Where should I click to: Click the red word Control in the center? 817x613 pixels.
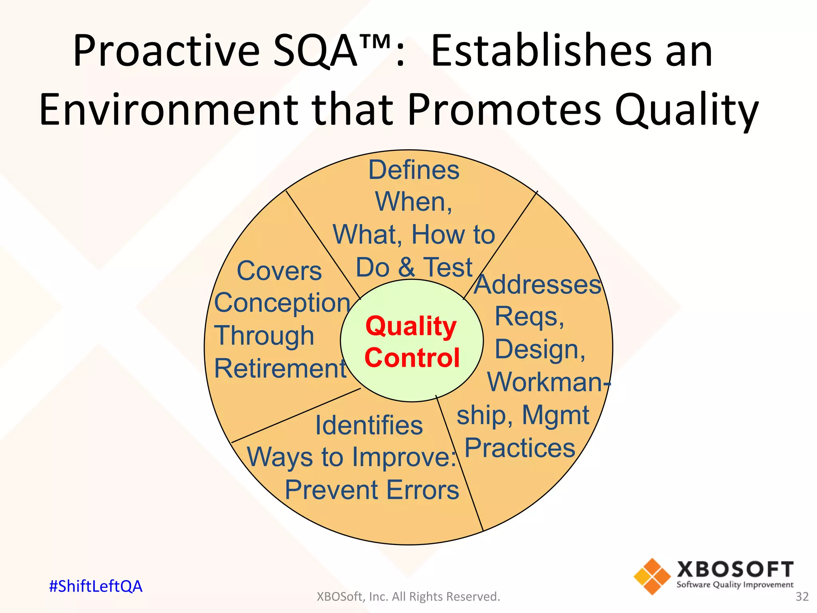tap(412, 358)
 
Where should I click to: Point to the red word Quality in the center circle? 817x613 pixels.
tap(411, 326)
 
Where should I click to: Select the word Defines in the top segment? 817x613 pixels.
tap(414, 170)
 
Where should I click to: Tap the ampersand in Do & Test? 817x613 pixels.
tap(406, 267)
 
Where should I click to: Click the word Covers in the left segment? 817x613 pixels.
tap(279, 271)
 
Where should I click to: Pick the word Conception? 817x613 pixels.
tap(282, 303)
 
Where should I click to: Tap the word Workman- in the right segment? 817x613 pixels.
tap(549, 382)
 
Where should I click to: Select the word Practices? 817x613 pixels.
tap(520, 448)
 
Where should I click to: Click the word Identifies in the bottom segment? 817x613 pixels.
tap(369, 425)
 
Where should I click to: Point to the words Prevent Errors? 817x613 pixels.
tap(372, 490)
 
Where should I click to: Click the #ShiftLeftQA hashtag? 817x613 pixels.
tap(95, 586)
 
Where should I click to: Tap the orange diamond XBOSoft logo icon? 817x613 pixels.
tap(652, 576)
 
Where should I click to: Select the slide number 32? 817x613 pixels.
tap(802, 597)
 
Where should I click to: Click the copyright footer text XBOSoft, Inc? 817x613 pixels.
tap(408, 597)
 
